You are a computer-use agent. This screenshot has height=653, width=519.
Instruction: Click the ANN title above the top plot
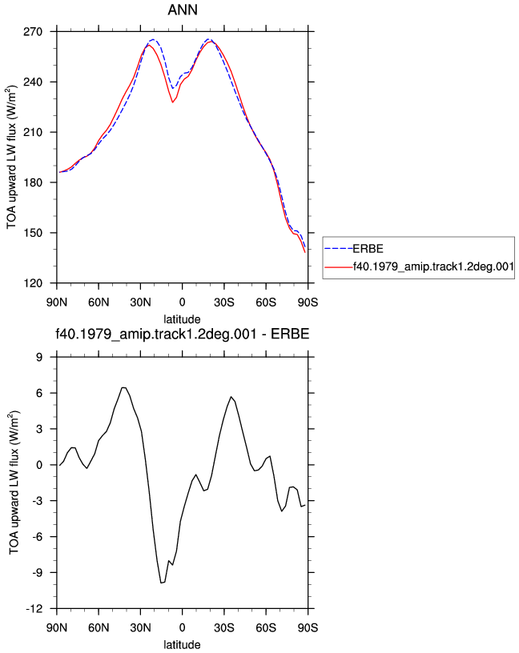182,10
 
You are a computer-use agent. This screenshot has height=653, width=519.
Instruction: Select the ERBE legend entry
368,249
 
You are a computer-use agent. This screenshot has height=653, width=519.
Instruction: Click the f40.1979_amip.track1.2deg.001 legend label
433,266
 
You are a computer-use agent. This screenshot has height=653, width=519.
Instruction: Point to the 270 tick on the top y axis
33,32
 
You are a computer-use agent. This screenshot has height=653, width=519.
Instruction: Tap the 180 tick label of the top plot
33,182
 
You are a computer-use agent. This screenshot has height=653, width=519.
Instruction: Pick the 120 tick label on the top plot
33,283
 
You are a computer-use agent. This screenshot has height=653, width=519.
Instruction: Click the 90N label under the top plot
57,302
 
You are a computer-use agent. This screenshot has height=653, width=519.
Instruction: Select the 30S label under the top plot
224,302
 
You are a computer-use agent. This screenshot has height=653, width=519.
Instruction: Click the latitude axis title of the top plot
182,319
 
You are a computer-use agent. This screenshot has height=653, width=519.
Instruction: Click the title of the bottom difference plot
182,334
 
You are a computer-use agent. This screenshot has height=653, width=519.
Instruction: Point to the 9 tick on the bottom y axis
39,357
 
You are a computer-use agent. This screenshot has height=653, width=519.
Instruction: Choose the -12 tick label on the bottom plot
34,609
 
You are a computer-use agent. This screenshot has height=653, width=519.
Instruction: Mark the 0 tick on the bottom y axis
39,465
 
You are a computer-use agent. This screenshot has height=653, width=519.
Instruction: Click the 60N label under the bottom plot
99,627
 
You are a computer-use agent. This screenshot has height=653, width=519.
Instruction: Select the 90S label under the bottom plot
308,627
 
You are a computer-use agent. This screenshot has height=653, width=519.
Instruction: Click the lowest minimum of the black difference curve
161,583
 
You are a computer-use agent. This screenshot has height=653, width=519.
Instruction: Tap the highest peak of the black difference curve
123,387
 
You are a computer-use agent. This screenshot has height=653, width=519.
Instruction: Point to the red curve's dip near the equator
172,102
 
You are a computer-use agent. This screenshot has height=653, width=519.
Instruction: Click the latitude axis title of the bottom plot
182,645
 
